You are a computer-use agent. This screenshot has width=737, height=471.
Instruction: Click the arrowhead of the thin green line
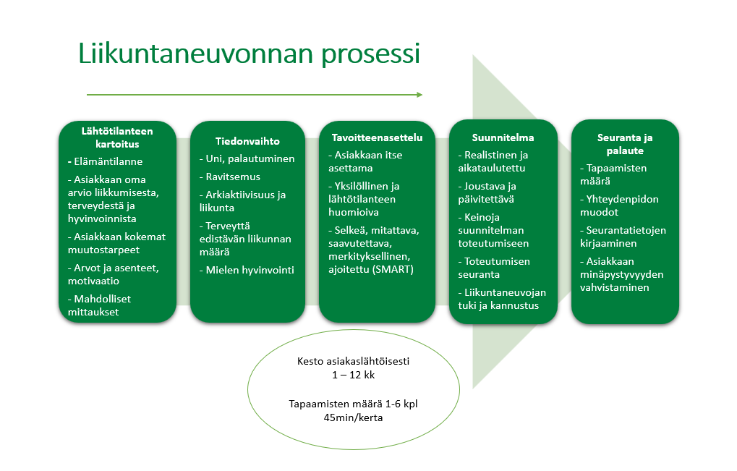[419, 94]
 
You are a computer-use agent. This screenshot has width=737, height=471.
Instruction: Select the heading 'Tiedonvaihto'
[247, 141]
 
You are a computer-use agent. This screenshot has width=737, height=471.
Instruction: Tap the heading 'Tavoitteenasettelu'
[377, 137]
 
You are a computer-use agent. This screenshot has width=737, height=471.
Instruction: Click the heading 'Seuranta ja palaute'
[625, 144]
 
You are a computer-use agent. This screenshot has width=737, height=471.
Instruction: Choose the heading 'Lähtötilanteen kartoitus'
[116, 137]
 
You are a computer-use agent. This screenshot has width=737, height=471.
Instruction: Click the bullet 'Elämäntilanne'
[107, 162]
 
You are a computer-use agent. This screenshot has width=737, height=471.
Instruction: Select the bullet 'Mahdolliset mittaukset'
[102, 305]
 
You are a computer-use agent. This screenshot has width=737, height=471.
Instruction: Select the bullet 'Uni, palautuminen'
[248, 158]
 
